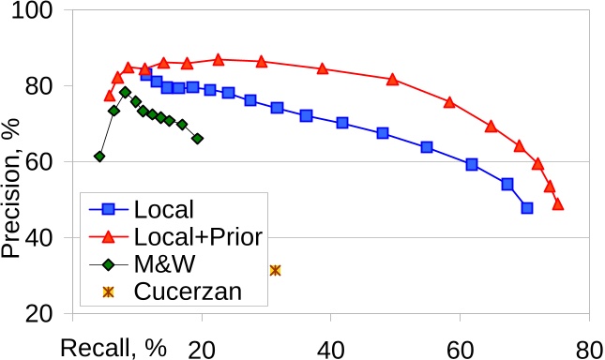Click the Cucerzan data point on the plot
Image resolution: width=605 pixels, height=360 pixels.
(x=275, y=270)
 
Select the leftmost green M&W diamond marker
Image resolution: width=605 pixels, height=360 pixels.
(x=99, y=157)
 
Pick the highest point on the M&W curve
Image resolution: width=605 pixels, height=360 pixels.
(x=125, y=92)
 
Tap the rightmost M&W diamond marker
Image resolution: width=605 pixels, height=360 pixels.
(x=197, y=139)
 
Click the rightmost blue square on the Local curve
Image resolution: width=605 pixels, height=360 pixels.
(x=527, y=208)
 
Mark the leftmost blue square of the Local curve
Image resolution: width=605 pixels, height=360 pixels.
(x=145, y=75)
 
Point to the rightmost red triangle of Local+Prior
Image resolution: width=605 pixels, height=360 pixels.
(x=558, y=203)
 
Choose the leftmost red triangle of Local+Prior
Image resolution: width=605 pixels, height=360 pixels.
(x=110, y=96)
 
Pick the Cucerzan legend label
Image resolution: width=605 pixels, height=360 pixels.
(x=188, y=291)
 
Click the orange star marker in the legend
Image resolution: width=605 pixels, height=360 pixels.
(x=107, y=291)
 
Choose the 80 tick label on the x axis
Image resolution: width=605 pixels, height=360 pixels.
(x=588, y=347)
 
